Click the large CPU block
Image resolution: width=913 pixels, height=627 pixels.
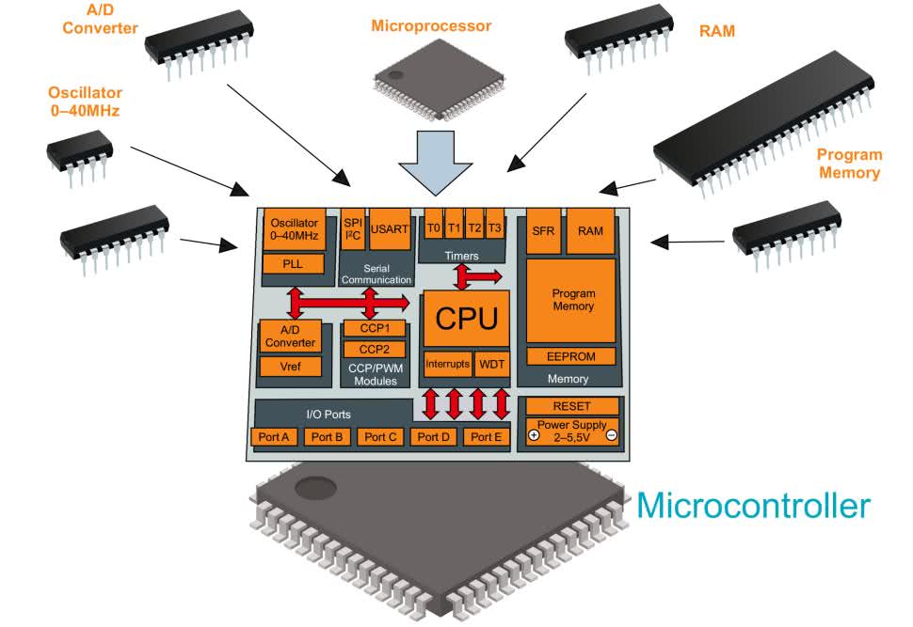(x=467, y=319)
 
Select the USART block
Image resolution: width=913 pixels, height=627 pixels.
(x=388, y=228)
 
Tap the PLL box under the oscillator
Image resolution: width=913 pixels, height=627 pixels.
(x=293, y=263)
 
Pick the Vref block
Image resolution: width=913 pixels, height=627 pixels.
(x=289, y=367)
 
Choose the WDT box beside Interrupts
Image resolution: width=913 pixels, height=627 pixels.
(x=492, y=363)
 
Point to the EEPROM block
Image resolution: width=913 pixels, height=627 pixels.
(x=570, y=356)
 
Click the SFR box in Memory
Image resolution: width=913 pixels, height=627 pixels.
(x=543, y=230)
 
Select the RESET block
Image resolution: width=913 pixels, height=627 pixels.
(x=571, y=406)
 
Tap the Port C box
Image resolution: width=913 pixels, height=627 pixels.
(x=381, y=436)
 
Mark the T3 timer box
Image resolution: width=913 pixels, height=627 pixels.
(x=495, y=228)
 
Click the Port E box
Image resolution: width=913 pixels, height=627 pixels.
(x=487, y=436)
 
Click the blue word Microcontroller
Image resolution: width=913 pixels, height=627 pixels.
(x=753, y=506)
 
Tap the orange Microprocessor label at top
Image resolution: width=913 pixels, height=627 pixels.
(x=430, y=26)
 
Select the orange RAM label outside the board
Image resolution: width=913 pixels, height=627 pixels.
(x=717, y=30)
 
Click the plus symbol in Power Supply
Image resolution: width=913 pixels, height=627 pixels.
(x=534, y=435)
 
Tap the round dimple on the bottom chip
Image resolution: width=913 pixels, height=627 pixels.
(x=312, y=487)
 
